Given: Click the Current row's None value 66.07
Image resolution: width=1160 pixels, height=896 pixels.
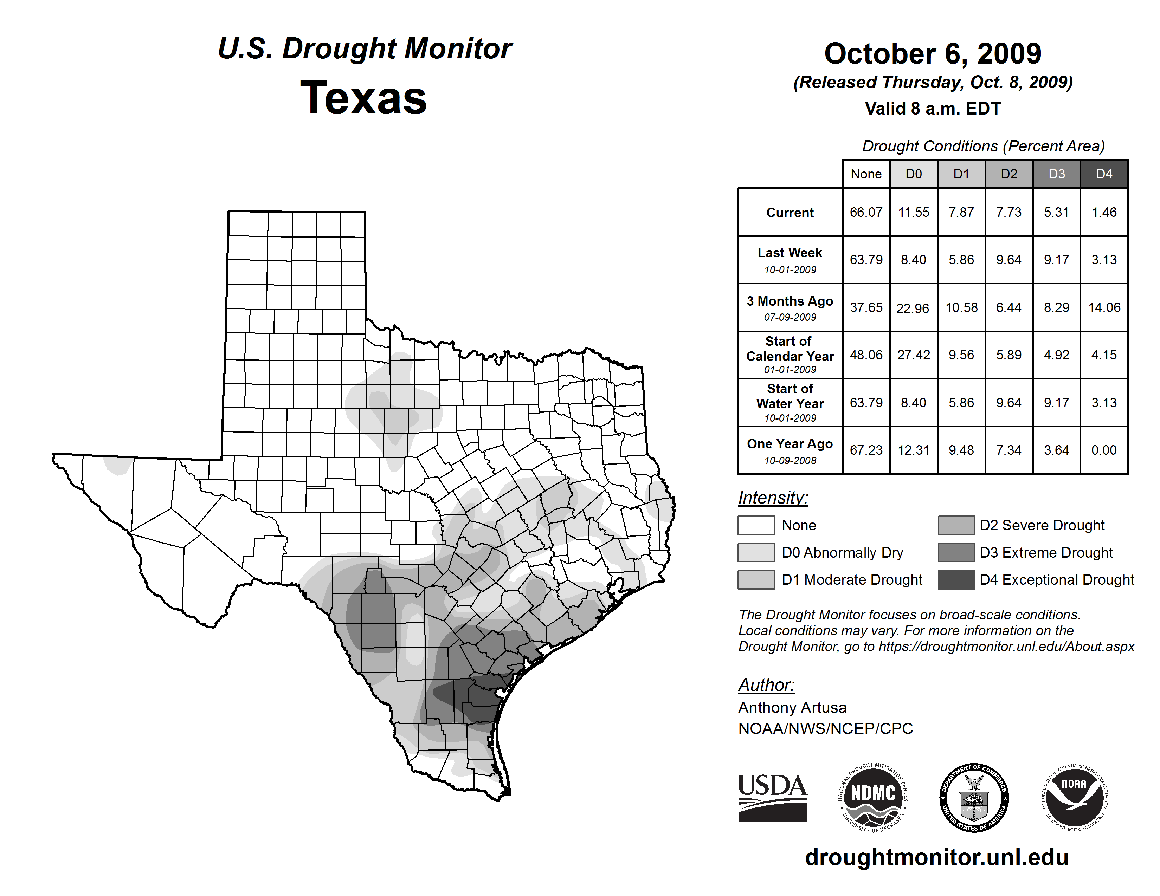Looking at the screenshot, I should click(866, 212).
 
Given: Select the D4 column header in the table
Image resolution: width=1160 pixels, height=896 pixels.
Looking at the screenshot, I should click(1104, 174).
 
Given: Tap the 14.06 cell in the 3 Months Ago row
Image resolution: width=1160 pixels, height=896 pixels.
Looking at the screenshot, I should click(1104, 307).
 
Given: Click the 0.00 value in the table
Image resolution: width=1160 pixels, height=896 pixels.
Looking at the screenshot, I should click(1104, 450).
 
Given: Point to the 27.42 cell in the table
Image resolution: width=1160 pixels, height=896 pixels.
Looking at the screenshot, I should click(914, 355).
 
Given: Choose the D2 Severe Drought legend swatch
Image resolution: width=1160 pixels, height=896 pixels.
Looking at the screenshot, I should click(956, 525).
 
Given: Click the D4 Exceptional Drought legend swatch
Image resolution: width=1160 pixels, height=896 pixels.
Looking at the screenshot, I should click(956, 580).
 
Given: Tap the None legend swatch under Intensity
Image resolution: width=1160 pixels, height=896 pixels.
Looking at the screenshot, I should click(756, 525).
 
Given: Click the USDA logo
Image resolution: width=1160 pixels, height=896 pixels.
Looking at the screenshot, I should click(772, 797).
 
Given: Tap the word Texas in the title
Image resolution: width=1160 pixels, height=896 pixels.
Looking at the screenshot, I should click(363, 98).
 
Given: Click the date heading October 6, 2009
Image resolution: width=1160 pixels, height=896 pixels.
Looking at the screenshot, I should click(933, 54).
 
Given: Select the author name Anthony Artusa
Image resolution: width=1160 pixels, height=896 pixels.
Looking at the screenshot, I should click(792, 708).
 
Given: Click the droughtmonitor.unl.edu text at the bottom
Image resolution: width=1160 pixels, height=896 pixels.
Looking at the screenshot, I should click(937, 857).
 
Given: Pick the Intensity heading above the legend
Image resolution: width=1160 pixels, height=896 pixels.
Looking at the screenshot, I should click(773, 498).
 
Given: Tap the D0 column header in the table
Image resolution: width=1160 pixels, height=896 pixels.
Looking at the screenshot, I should click(914, 174).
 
